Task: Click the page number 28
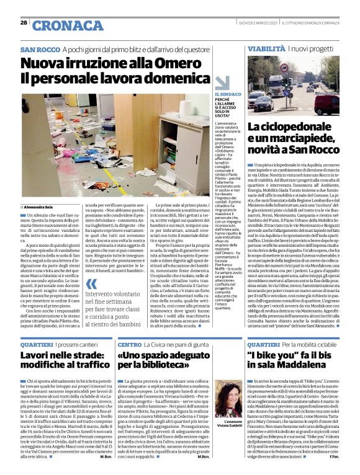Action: [x=24, y=22]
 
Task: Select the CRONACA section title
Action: [x=60, y=25]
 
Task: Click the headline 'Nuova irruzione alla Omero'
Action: [x=96, y=63]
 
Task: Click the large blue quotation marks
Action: [x=91, y=285]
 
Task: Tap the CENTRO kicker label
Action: [x=129, y=344]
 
